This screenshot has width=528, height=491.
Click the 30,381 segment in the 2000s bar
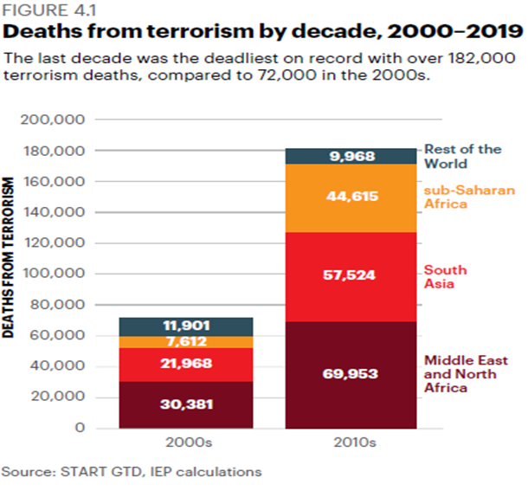(x=186, y=404)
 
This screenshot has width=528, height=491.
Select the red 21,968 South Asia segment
(x=186, y=365)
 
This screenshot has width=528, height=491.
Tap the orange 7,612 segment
(x=186, y=342)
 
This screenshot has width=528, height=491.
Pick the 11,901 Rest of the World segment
(x=186, y=326)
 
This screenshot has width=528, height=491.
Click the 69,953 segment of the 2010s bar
(x=351, y=375)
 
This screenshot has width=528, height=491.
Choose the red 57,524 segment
(x=351, y=277)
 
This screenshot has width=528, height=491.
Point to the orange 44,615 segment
(x=351, y=198)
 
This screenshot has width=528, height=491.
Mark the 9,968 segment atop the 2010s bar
(x=351, y=157)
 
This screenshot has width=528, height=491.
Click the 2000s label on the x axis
(x=189, y=443)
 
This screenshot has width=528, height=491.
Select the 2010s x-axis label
(x=355, y=443)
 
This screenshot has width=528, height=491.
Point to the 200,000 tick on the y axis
(x=53, y=120)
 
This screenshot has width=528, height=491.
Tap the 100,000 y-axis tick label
(x=54, y=274)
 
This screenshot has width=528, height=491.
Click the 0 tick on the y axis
(x=80, y=428)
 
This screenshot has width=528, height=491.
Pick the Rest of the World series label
(x=463, y=157)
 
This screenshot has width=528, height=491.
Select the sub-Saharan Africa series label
(x=469, y=197)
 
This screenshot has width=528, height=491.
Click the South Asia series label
(x=445, y=277)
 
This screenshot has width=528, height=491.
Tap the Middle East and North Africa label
(x=466, y=374)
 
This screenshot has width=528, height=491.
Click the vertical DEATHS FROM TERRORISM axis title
(x=8, y=257)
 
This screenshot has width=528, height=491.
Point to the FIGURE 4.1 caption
(x=49, y=10)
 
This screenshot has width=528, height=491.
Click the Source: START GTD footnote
(x=132, y=472)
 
